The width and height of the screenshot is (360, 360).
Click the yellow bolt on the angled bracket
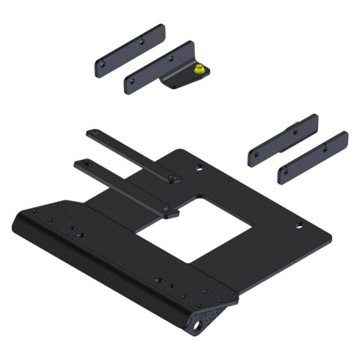[x=199, y=69]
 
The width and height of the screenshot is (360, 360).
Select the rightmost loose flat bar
[x=313, y=157]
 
